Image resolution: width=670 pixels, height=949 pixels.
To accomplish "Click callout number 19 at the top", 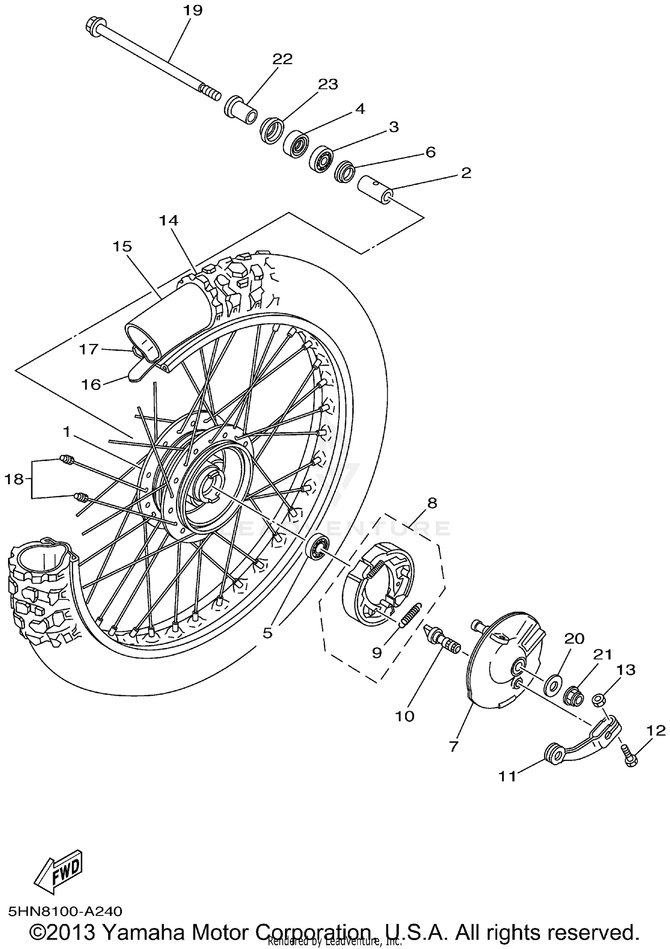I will pos(193,10).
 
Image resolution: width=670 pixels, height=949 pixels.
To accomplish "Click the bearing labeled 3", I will pos(321,157).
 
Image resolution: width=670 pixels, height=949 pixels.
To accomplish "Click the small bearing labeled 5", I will pos(318,545).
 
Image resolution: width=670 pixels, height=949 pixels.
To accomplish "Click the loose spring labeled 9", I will pos(410,615).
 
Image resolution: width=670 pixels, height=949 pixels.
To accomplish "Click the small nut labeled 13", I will pos(599,700).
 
